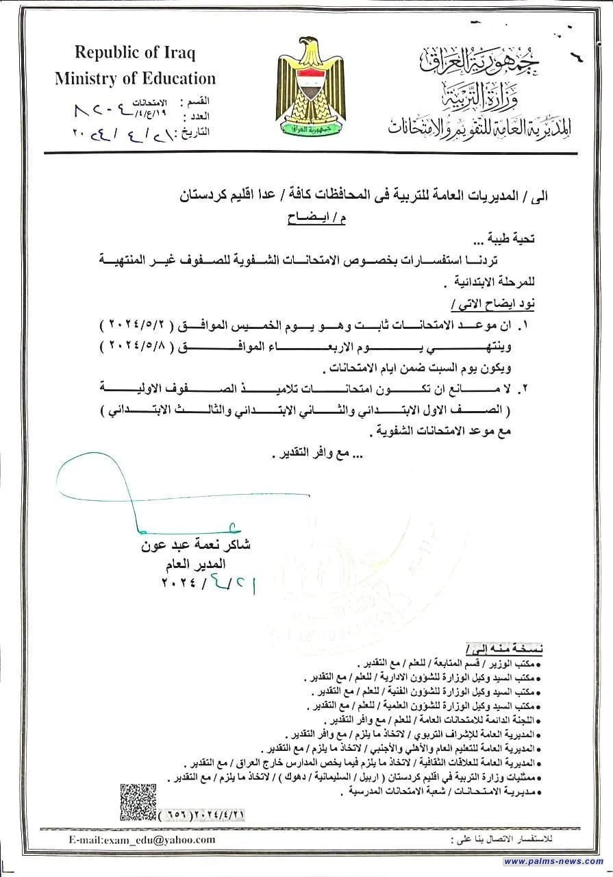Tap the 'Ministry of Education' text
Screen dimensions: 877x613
coord(135,78)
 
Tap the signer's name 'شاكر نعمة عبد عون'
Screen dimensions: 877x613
coord(196,546)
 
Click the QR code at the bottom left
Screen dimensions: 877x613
coord(138,802)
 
